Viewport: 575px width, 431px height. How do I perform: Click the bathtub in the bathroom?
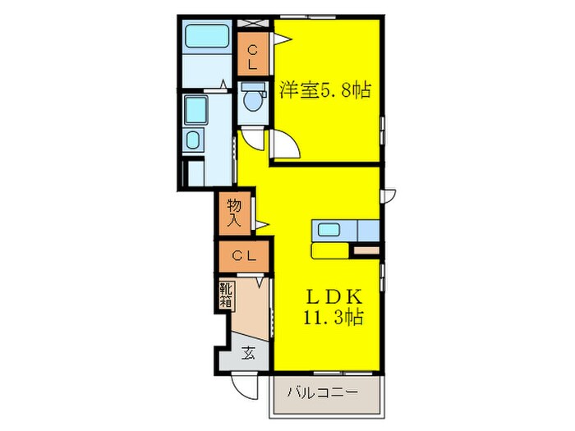208,38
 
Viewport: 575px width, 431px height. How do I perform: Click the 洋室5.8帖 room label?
324,89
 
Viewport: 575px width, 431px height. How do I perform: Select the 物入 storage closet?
234,211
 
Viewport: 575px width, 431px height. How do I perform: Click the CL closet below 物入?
242,256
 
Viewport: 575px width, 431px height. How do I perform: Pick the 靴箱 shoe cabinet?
226,296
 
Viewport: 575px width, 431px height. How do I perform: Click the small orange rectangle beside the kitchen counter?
366,248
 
